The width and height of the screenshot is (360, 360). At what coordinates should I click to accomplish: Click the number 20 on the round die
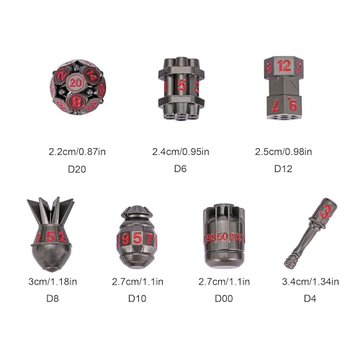76,83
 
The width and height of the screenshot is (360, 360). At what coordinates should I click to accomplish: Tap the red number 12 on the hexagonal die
284,66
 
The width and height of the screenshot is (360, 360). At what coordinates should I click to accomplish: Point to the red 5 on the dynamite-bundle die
181,85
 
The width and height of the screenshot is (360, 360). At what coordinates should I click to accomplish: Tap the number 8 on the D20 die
76,102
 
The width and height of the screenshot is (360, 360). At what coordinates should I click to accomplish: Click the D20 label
77,169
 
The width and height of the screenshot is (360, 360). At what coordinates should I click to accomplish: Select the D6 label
180,168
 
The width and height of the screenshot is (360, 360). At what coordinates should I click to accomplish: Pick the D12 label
283,168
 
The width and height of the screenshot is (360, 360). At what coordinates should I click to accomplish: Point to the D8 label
53,298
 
